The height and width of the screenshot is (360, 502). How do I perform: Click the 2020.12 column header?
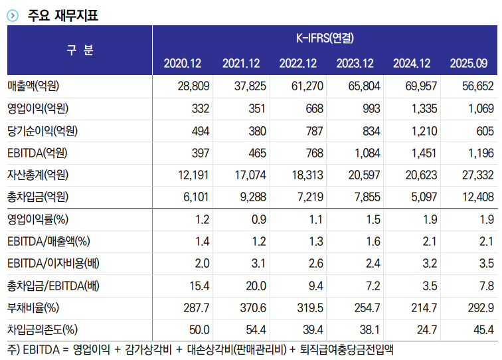[182, 64]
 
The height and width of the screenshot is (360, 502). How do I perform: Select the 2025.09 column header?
[469, 64]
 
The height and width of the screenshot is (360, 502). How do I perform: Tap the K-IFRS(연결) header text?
[325, 38]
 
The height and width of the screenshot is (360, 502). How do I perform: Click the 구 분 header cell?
[80, 50]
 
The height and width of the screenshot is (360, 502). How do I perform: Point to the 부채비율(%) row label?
[33, 308]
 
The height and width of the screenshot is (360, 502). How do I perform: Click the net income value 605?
[485, 131]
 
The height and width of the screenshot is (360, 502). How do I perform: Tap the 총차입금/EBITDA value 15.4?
[199, 286]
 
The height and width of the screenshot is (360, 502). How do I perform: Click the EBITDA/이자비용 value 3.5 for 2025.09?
[486, 264]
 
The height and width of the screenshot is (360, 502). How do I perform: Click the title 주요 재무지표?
[64, 15]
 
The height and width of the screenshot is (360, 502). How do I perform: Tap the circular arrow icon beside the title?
[13, 15]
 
